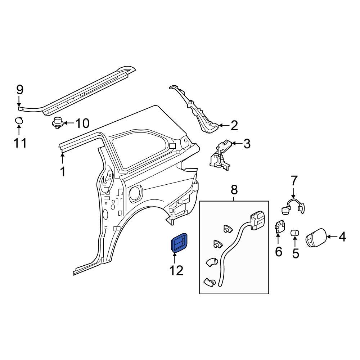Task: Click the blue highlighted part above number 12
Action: tap(179, 242)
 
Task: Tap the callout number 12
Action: tap(176, 270)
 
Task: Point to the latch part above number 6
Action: tap(279, 227)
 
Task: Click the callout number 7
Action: tap(294, 180)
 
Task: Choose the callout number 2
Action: tap(234, 126)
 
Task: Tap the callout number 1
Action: tap(63, 172)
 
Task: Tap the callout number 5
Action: tap(295, 254)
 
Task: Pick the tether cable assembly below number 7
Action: tap(292, 206)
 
